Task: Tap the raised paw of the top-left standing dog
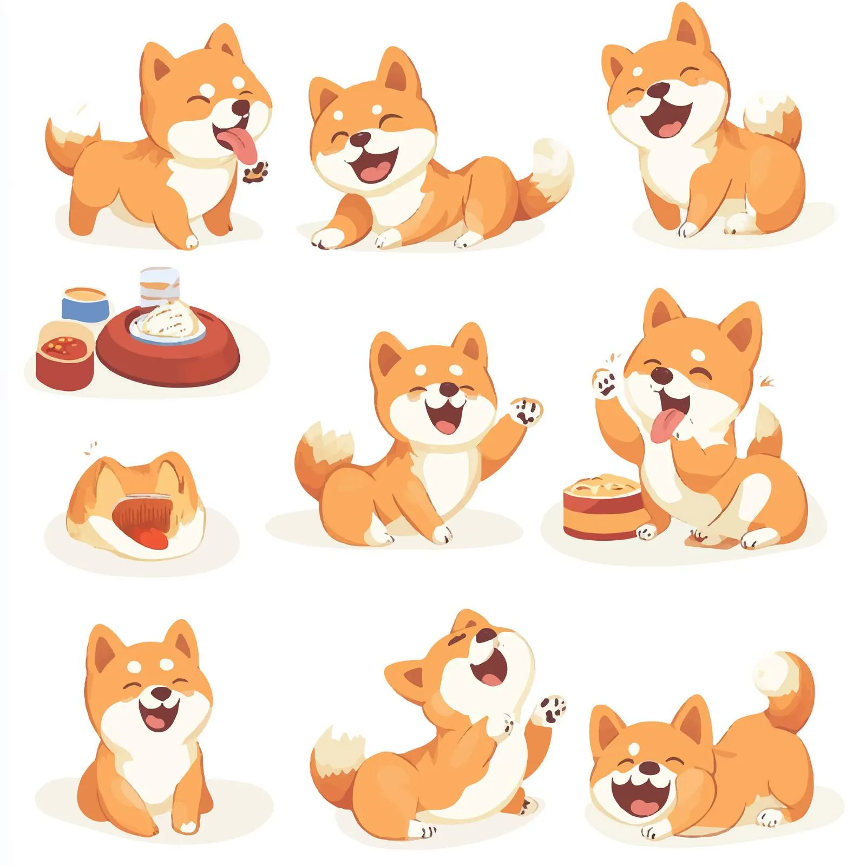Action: pos(255,172)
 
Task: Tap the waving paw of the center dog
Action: pos(526,411)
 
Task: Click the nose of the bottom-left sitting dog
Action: pos(160,693)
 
